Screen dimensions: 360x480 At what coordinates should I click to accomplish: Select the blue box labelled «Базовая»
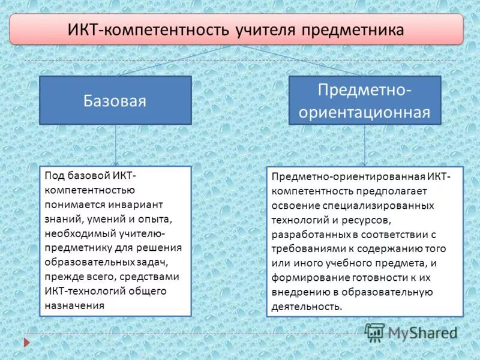[x=115, y=100]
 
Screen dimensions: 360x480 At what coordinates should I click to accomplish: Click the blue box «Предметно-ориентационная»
[x=365, y=100]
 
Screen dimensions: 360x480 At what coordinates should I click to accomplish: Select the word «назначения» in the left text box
[x=74, y=305]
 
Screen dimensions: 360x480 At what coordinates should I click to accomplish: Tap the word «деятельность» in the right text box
[x=306, y=306]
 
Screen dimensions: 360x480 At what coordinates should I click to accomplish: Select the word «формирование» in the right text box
[x=305, y=277]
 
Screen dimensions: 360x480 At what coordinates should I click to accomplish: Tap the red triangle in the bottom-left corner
[x=26, y=343]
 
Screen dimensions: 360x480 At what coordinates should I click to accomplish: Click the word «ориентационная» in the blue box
[x=365, y=112]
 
